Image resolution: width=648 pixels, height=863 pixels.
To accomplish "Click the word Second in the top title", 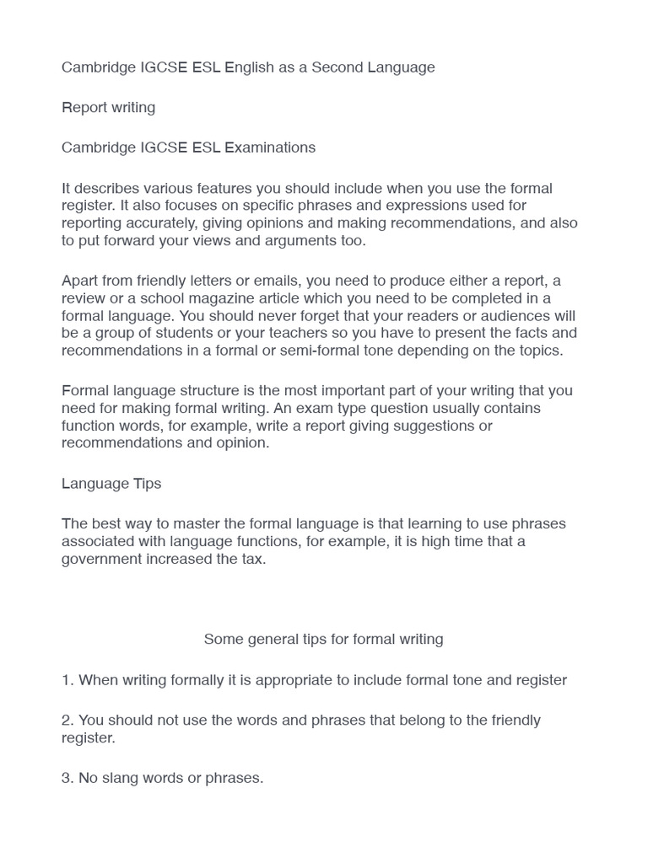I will pos(337,67).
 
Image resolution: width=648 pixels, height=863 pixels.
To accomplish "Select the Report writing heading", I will pos(108,108).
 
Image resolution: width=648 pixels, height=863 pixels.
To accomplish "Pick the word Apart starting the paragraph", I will pos(80,281).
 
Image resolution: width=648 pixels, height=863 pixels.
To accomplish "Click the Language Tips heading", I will pos(111,484).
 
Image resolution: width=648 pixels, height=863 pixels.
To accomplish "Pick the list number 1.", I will pos(67,680).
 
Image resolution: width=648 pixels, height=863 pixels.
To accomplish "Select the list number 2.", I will pos(67,721).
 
